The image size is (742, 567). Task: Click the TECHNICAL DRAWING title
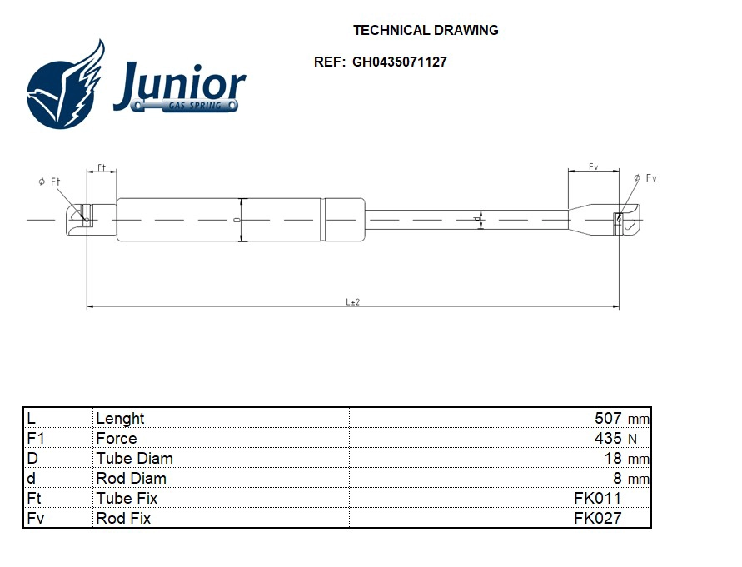click(426, 30)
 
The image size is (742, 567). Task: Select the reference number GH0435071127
click(400, 62)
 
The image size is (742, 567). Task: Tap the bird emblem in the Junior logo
click(67, 85)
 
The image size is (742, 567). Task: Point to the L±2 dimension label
click(353, 302)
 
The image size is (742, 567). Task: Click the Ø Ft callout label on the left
click(50, 182)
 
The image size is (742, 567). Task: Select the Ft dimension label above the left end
click(102, 167)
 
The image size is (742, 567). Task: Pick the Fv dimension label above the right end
click(593, 167)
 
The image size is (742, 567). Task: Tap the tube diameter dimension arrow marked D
click(241, 220)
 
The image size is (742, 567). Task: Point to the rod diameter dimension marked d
click(481, 220)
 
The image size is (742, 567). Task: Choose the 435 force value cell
click(608, 439)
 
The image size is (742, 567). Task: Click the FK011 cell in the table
click(597, 499)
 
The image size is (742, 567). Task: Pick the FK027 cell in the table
click(597, 519)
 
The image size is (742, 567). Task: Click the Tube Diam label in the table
click(135, 459)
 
